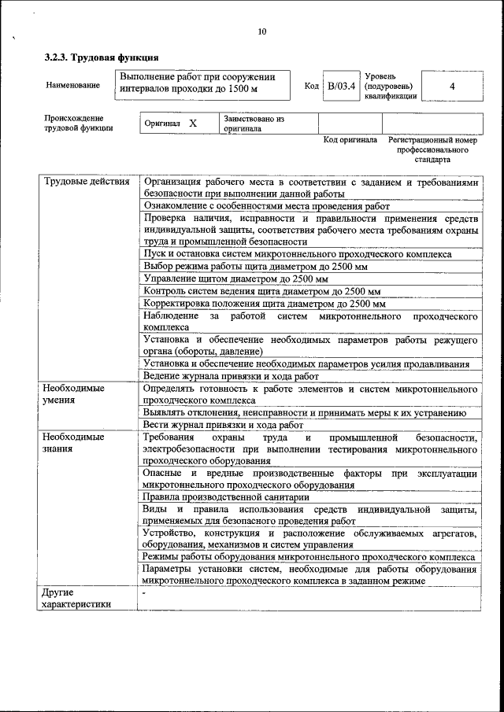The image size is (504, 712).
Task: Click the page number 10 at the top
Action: click(262, 31)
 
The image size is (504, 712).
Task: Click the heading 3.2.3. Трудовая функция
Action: click(102, 57)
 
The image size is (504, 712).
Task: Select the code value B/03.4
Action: click(343, 86)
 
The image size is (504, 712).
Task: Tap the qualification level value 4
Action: click(452, 86)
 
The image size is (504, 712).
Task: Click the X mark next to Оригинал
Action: click(192, 124)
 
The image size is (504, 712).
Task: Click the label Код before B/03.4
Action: click(311, 86)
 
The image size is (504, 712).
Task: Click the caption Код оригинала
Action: click(350, 140)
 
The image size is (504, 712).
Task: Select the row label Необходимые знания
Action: click(73, 443)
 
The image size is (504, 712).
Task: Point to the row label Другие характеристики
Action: click(76, 598)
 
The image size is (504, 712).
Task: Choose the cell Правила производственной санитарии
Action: click(224, 497)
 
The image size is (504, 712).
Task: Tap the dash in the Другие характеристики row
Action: click(144, 592)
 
